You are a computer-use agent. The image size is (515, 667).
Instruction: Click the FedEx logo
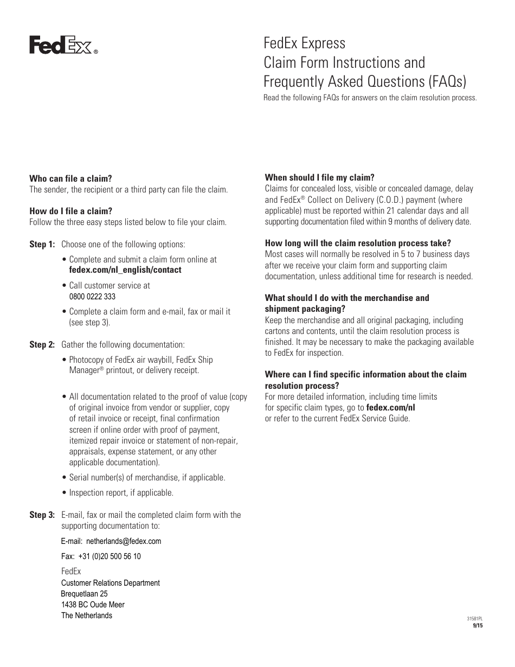(63, 46)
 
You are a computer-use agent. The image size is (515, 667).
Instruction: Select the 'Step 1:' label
(42, 245)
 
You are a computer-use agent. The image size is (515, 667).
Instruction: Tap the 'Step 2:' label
(42, 345)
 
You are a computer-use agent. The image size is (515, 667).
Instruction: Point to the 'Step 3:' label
(42, 515)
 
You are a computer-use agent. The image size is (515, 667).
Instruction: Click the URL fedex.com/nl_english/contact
(125, 270)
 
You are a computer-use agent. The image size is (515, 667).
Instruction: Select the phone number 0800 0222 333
(92, 297)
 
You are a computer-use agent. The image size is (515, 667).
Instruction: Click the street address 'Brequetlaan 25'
(84, 594)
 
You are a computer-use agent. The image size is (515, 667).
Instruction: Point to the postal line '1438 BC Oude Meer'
(93, 605)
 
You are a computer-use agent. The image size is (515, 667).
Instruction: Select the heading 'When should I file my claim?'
(319, 178)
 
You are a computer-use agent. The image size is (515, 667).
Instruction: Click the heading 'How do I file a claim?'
(70, 211)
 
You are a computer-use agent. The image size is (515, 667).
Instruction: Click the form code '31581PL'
(474, 619)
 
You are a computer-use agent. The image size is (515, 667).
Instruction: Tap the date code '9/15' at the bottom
(478, 625)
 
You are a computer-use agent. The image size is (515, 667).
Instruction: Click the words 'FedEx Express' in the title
(304, 42)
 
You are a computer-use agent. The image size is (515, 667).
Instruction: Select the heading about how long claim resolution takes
(358, 243)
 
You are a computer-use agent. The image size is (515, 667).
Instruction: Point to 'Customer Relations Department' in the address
(111, 583)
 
